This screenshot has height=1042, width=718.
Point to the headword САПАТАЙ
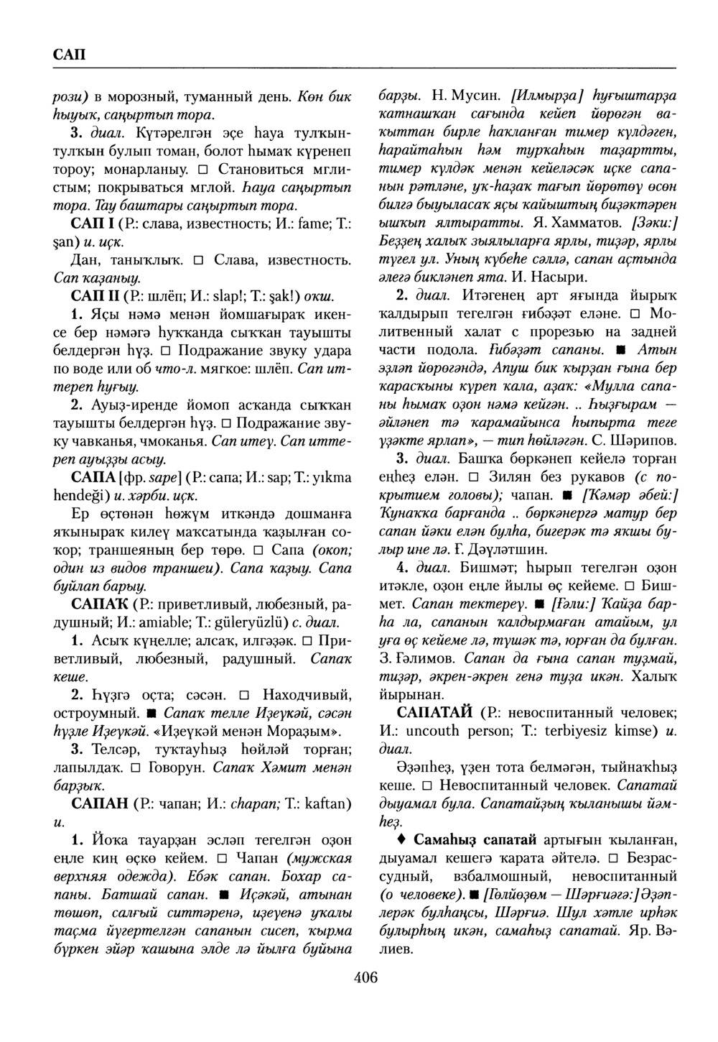[434, 713]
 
